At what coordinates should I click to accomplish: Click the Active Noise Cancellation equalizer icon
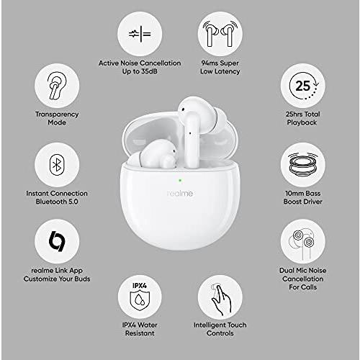tap(140, 34)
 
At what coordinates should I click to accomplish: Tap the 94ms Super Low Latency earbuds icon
tap(220, 34)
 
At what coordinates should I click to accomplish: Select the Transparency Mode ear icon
tap(57, 86)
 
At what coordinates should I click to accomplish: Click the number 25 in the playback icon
tap(302, 86)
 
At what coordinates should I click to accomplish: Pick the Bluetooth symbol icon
tap(57, 165)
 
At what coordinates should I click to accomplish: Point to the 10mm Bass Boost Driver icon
tap(303, 164)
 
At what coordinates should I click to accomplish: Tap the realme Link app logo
tap(57, 241)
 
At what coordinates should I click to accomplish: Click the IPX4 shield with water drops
tap(140, 301)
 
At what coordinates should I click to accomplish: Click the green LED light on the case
tap(180, 180)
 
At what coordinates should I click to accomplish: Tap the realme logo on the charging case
tap(180, 193)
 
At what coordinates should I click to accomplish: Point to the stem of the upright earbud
tap(192, 142)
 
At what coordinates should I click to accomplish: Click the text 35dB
tap(149, 71)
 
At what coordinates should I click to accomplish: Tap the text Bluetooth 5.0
tap(57, 202)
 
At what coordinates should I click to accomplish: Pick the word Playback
tap(302, 122)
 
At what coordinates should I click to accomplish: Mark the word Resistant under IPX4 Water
tap(140, 333)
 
